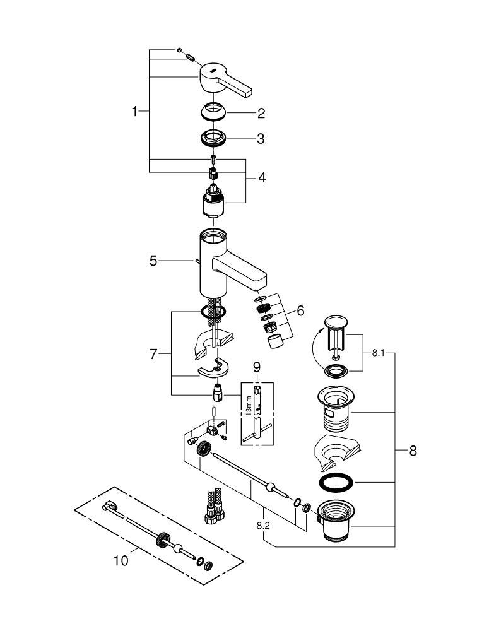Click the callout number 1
click(x=134, y=112)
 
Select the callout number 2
click(x=261, y=114)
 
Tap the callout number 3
click(x=261, y=139)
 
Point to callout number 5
click(x=153, y=260)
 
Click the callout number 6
click(x=300, y=310)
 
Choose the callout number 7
click(x=153, y=355)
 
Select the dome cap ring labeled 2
click(x=215, y=112)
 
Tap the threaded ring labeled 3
click(x=215, y=137)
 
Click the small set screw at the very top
click(x=180, y=49)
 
